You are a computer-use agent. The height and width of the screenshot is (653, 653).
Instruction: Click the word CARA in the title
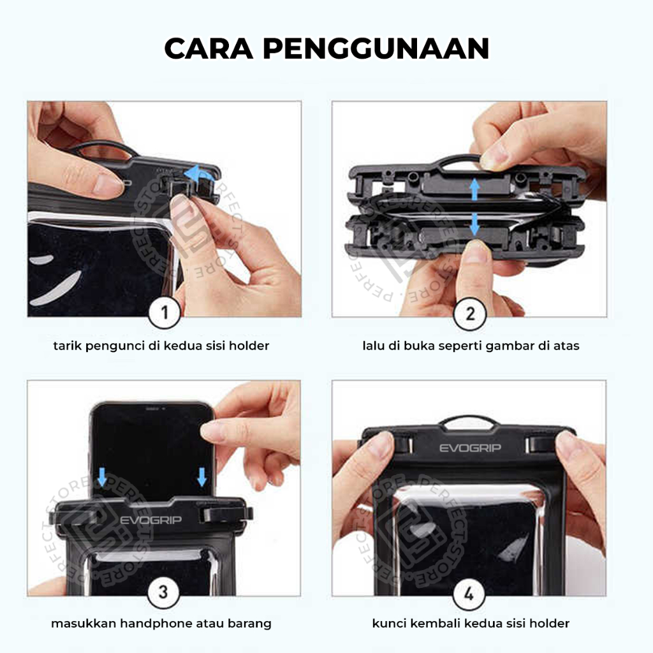(x=209, y=48)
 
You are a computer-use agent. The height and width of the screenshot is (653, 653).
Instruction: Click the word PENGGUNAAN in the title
(x=376, y=48)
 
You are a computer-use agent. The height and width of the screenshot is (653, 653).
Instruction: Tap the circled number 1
(x=165, y=312)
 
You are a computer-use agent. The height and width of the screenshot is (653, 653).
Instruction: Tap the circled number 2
(x=470, y=314)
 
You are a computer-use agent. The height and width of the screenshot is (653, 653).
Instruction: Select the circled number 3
(x=164, y=592)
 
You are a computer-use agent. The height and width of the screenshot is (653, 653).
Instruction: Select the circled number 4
(x=469, y=594)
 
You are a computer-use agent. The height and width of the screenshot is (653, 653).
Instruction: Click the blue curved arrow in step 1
(x=199, y=174)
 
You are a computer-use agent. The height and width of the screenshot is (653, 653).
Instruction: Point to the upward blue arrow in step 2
(x=474, y=190)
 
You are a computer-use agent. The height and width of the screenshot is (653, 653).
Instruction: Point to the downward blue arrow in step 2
(x=474, y=225)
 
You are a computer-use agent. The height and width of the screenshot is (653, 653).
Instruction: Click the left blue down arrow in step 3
(x=102, y=477)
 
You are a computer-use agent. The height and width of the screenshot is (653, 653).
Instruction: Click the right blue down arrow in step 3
(x=202, y=477)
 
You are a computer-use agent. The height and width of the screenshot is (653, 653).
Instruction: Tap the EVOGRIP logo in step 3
(x=150, y=520)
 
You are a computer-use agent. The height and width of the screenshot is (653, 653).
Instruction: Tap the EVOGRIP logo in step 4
(x=470, y=448)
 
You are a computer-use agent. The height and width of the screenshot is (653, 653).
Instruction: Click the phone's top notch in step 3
(x=152, y=409)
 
